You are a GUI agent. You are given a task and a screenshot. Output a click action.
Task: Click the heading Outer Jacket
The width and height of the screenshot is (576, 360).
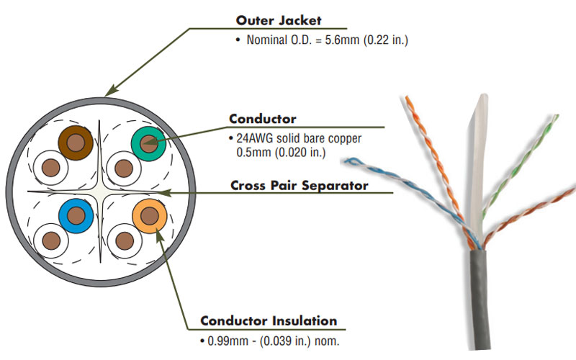pos(279,20)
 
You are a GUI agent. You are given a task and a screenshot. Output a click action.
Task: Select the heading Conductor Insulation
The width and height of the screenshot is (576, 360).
pos(268,320)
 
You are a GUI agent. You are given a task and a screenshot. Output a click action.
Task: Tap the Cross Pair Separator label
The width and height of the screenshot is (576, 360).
pos(299,186)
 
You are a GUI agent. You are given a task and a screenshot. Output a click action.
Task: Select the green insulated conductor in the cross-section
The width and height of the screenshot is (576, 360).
pos(149,143)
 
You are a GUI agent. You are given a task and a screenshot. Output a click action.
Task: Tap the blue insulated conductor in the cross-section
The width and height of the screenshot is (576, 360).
pos(76,215)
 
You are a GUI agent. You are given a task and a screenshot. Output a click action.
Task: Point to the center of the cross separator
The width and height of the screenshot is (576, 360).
pos(99,192)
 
